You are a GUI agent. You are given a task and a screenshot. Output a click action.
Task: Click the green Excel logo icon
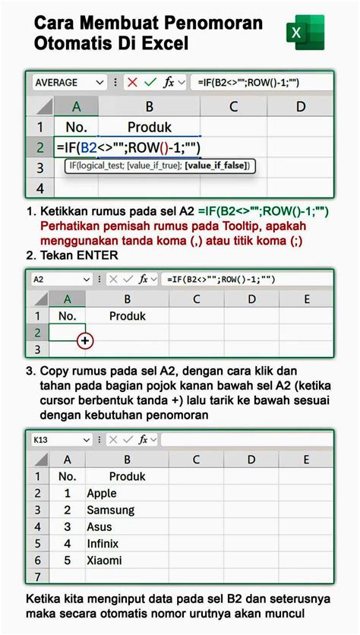[x=305, y=33]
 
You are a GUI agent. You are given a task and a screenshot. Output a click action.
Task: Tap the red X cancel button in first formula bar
[x=131, y=82]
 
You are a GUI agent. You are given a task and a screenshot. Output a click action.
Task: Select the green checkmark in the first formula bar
[x=150, y=82]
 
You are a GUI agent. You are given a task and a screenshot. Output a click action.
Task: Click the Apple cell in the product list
[x=102, y=493]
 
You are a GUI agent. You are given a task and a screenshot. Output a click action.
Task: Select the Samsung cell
[x=110, y=510]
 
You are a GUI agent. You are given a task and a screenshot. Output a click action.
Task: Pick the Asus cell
[x=99, y=526]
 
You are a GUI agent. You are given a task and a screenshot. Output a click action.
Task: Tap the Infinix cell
[x=103, y=543]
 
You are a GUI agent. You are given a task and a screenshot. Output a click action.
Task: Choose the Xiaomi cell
[x=104, y=560]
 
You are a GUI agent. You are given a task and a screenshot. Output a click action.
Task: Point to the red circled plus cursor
[x=84, y=341]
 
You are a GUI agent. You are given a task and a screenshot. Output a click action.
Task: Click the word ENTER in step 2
[x=96, y=255]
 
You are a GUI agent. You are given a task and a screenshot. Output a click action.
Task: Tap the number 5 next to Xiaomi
[x=68, y=560]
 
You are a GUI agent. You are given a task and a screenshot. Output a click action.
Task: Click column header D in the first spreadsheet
[x=301, y=106]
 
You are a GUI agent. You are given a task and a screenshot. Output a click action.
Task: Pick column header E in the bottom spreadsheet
[x=307, y=459]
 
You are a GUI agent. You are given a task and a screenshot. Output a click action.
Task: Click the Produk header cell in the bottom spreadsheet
[x=127, y=476]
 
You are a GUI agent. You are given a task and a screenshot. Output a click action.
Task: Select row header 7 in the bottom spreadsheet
[x=37, y=577]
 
